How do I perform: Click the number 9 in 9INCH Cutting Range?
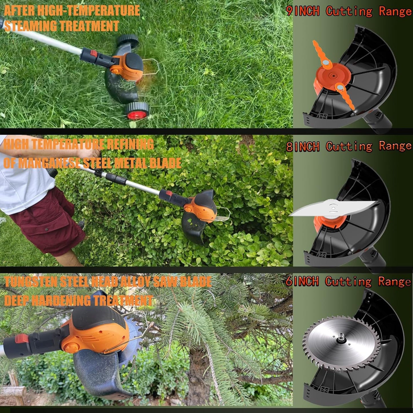pyautogui.click(x=290, y=11)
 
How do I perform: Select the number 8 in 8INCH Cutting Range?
pyautogui.click(x=290, y=147)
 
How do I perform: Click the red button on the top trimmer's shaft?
pyautogui.click(x=93, y=53)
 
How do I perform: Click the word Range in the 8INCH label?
pyautogui.click(x=395, y=146)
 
